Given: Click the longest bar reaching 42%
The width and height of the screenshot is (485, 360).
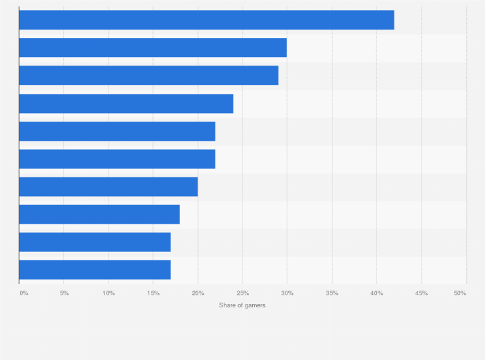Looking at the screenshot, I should (206, 20).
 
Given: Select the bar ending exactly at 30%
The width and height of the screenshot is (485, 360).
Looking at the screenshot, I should (153, 48).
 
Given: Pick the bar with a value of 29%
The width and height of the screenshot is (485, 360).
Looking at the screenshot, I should (149, 75).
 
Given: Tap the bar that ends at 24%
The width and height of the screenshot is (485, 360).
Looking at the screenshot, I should (126, 104).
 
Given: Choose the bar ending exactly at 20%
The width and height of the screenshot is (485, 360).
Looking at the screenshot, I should (109, 186).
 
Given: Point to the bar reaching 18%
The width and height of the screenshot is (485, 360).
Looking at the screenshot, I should (100, 214).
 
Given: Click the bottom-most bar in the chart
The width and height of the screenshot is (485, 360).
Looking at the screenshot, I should (95, 269).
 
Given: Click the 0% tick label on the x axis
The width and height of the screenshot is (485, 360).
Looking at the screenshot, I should (24, 293).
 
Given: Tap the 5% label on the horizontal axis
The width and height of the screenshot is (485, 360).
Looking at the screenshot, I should (64, 293).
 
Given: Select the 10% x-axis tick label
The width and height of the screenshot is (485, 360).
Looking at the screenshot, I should (109, 293).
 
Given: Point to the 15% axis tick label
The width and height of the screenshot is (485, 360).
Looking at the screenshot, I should (153, 293).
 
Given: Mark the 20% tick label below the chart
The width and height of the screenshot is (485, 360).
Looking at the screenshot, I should (198, 293).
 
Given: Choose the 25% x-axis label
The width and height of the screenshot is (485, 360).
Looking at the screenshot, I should (243, 293).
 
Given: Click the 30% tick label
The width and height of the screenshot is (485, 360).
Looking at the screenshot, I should (288, 293).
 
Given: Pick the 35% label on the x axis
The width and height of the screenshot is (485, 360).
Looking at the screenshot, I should (332, 293).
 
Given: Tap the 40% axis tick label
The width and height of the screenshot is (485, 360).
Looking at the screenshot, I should (377, 293).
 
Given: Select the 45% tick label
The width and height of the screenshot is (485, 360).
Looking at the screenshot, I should (421, 293).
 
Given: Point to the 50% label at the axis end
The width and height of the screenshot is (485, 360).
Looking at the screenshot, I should (460, 293).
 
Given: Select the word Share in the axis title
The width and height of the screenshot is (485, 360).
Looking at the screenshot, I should (226, 305).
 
